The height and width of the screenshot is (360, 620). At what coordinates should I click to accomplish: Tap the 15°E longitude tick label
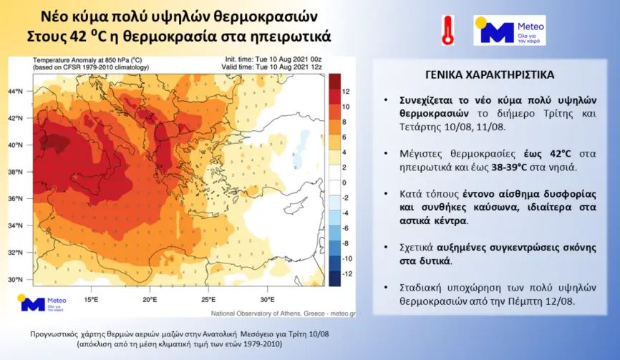(x=91, y=298)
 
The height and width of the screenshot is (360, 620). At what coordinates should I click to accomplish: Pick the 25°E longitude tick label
(x=208, y=298)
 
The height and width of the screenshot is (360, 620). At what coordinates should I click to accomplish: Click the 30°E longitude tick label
(x=266, y=298)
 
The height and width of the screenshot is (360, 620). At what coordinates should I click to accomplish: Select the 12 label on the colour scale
(x=347, y=92)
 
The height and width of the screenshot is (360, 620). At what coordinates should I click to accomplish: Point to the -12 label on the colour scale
(x=346, y=274)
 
